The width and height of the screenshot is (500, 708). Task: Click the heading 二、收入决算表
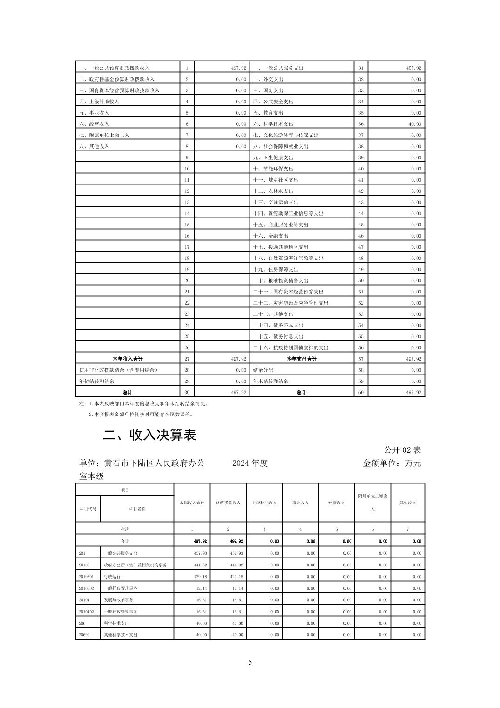[149, 435]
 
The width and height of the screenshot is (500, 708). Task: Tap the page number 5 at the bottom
[250, 662]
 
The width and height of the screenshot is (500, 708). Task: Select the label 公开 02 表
[402, 450]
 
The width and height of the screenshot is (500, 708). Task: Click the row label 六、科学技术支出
[273, 124]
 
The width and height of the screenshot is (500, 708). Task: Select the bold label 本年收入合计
[128, 359]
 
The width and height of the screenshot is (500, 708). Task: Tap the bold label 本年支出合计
[301, 359]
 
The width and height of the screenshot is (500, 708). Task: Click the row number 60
[361, 393]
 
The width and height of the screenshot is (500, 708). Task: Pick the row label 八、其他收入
[94, 146]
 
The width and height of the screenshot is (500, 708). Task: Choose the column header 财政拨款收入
[228, 503]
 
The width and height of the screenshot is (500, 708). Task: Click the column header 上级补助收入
[264, 503]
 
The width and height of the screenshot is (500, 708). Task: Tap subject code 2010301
[86, 577]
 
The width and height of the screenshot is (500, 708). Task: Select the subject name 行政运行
[112, 577]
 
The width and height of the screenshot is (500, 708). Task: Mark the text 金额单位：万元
[392, 463]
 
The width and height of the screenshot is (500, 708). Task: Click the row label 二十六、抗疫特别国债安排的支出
[291, 348]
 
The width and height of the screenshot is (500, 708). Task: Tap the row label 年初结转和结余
[96, 381]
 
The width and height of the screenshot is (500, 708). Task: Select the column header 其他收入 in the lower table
[408, 503]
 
